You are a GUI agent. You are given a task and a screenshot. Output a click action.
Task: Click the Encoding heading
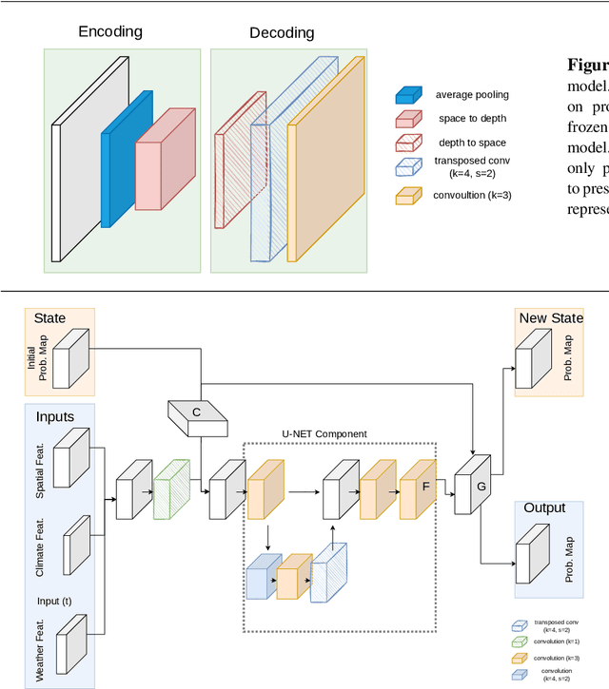click(x=109, y=31)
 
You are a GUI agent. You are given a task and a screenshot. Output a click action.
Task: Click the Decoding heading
click(x=282, y=33)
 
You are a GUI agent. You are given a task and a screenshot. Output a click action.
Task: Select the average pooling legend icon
click(x=410, y=95)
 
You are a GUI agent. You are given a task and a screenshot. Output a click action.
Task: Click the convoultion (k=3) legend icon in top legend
click(x=410, y=197)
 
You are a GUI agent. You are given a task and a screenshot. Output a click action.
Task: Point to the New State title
click(x=551, y=317)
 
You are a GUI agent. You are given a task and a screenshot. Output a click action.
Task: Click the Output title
click(x=544, y=508)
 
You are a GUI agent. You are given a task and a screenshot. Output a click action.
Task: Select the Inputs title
click(x=55, y=416)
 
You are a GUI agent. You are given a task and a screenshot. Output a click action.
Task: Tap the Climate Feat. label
click(x=41, y=547)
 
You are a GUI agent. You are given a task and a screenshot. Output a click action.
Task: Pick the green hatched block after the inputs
click(x=172, y=490)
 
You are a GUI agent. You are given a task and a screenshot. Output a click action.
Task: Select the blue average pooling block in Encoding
click(x=126, y=152)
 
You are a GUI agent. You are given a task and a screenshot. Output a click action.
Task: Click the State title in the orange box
click(x=49, y=317)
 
